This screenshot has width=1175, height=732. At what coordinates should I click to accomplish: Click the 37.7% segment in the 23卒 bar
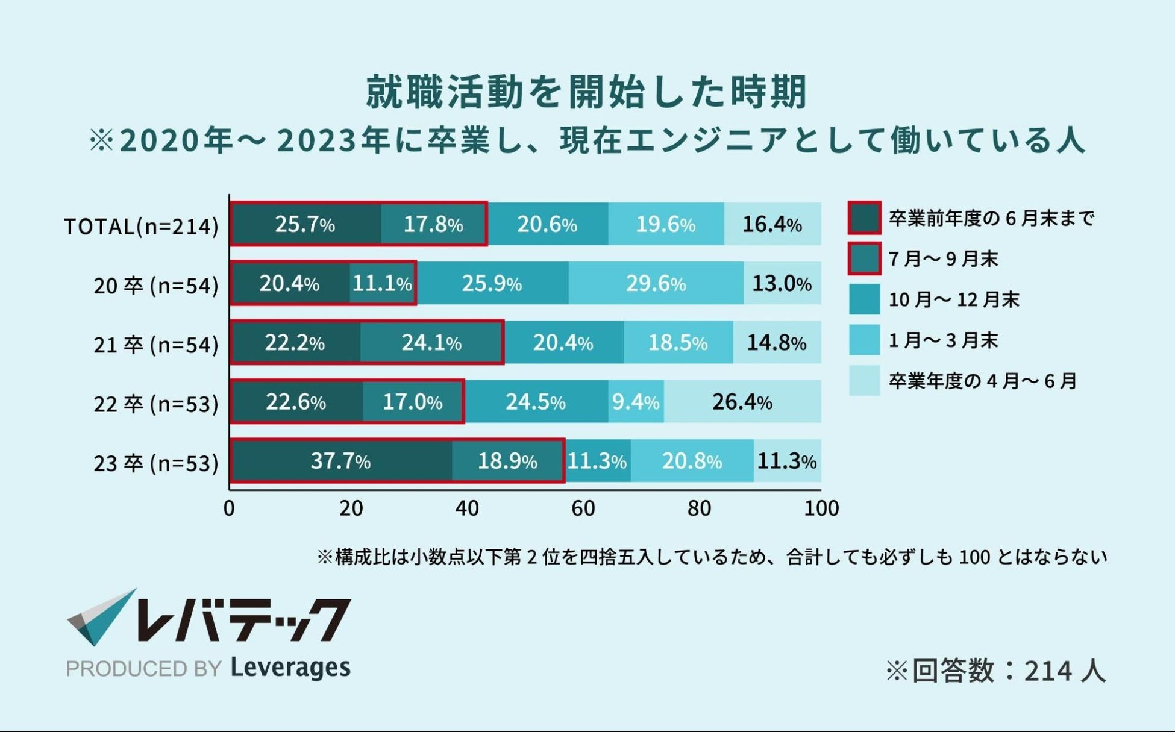click(341, 461)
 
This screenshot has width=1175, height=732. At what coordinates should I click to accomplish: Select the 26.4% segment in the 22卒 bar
click(742, 402)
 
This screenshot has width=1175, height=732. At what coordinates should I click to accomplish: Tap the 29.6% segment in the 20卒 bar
click(656, 283)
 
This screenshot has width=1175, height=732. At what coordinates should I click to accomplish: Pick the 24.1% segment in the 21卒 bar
click(431, 343)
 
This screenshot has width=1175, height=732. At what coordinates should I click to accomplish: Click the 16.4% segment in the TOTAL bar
click(772, 224)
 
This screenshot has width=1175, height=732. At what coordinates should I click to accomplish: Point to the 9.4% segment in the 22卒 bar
click(636, 402)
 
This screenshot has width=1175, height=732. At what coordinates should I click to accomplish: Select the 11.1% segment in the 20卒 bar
click(382, 283)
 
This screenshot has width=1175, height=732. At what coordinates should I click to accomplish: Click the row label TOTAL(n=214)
click(141, 227)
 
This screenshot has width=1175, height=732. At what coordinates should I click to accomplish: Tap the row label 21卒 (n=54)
click(155, 345)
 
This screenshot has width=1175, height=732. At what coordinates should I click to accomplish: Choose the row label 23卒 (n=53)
click(155, 463)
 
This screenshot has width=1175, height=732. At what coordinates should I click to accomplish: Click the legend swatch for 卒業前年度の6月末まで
click(864, 218)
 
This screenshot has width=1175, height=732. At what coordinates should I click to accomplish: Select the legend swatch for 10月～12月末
click(864, 299)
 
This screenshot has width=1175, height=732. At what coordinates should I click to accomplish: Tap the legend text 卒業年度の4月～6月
click(983, 381)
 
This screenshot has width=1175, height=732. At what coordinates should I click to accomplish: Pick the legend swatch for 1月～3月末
click(864, 340)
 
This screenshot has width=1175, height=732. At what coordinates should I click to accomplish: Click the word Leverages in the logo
click(290, 668)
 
